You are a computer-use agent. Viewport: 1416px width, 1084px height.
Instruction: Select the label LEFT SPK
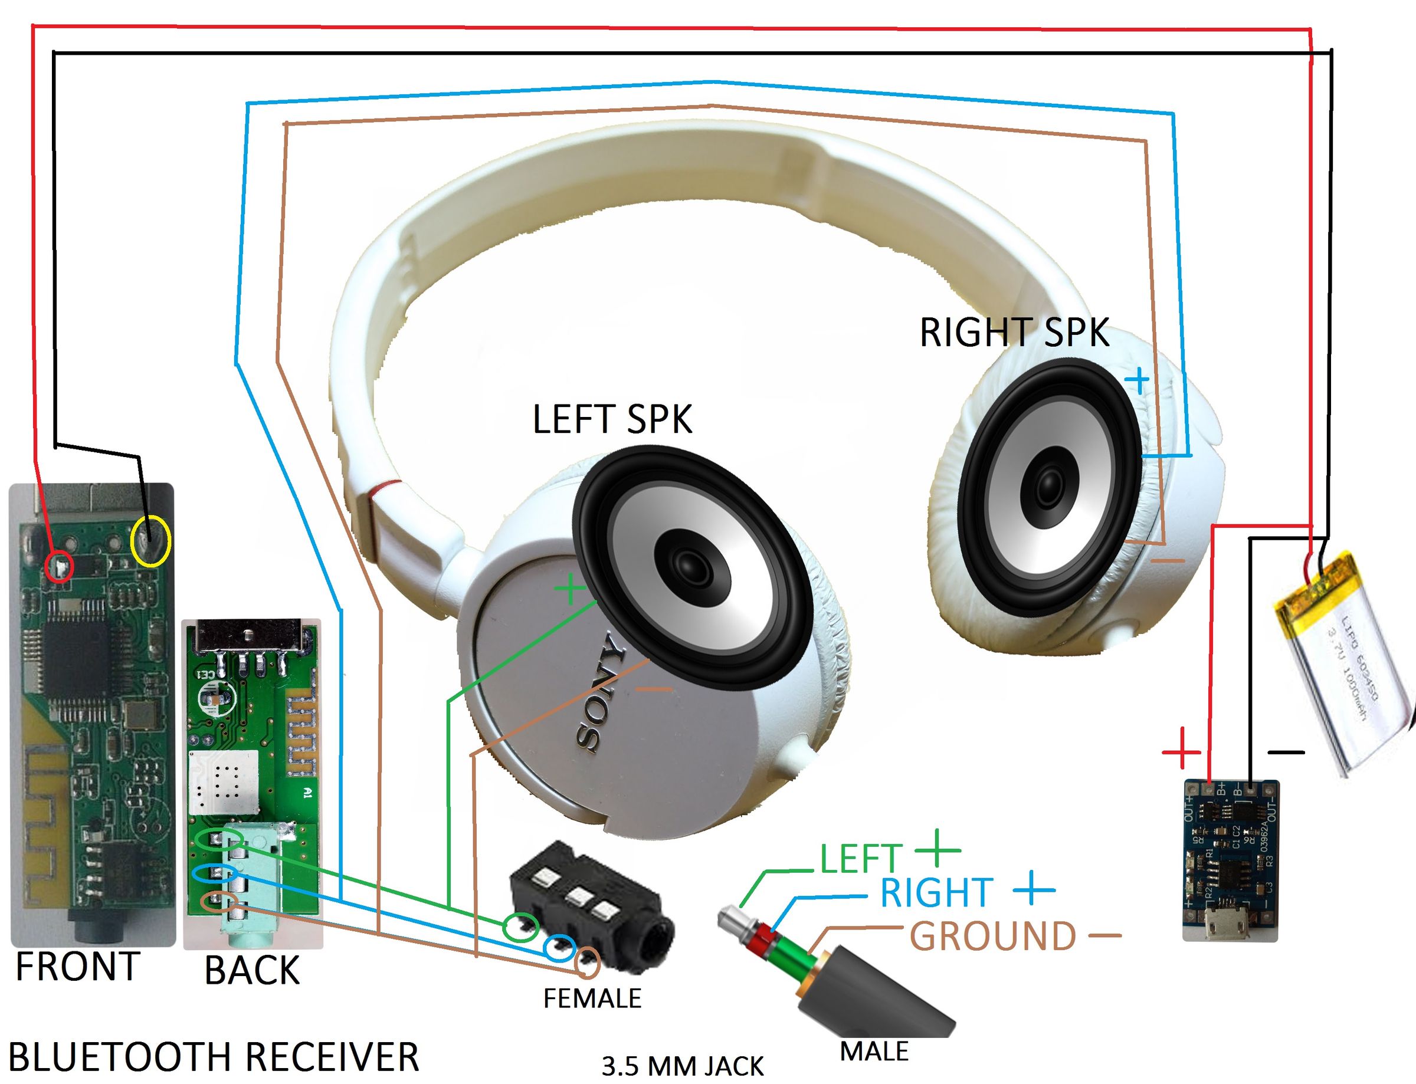pyautogui.click(x=612, y=419)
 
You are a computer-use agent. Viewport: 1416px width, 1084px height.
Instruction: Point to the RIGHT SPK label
pyautogui.click(x=1014, y=333)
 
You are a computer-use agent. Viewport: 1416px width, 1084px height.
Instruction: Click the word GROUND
pyautogui.click(x=992, y=936)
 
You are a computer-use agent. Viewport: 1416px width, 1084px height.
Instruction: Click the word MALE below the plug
pyautogui.click(x=874, y=1052)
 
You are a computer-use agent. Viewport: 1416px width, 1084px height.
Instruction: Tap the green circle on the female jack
pyautogui.click(x=520, y=927)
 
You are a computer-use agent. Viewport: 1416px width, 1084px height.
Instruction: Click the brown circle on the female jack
pyautogui.click(x=587, y=963)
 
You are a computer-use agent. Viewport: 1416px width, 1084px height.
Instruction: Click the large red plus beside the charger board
pyautogui.click(x=1181, y=753)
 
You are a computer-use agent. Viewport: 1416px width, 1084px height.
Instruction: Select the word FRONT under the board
pyautogui.click(x=77, y=967)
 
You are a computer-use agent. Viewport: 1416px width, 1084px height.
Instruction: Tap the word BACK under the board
pyautogui.click(x=252, y=970)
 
